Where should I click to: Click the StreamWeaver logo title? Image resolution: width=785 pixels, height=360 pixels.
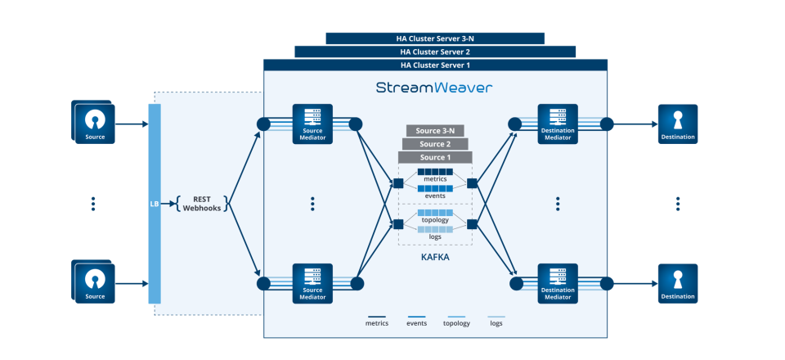pos(434,88)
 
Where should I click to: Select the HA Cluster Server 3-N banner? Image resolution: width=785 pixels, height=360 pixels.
pos(435,38)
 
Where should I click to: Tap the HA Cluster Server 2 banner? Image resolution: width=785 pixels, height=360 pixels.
pos(435,52)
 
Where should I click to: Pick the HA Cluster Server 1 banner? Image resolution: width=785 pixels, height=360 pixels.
pos(435,65)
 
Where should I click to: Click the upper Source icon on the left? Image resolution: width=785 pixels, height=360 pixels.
pos(96,124)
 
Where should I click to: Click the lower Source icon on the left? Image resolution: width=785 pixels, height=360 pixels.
pos(96,283)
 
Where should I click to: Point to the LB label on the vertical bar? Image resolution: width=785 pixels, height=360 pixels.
pos(155,203)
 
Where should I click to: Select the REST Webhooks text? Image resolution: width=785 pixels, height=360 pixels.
pos(201,203)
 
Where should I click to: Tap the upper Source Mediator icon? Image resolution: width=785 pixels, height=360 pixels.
pos(312,124)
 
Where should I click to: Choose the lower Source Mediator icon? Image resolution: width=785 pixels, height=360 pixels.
pos(312,283)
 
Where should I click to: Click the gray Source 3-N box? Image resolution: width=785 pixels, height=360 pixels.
pos(435,131)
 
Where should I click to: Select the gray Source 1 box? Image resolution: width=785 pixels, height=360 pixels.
pos(435,157)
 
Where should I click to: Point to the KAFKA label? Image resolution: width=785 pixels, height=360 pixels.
pos(435,257)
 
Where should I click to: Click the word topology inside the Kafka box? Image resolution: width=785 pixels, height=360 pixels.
pos(435,220)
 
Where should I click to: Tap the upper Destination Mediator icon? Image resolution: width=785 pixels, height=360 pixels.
pos(558,124)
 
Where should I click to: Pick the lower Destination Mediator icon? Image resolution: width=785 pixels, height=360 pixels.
pos(558,283)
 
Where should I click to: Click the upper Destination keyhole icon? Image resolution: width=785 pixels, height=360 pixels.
pos(678,124)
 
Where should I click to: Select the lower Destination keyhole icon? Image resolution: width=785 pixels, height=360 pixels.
pos(678,283)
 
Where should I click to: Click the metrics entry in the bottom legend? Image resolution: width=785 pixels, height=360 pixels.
pos(377,322)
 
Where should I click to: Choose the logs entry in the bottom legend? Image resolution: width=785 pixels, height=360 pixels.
pos(496,322)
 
